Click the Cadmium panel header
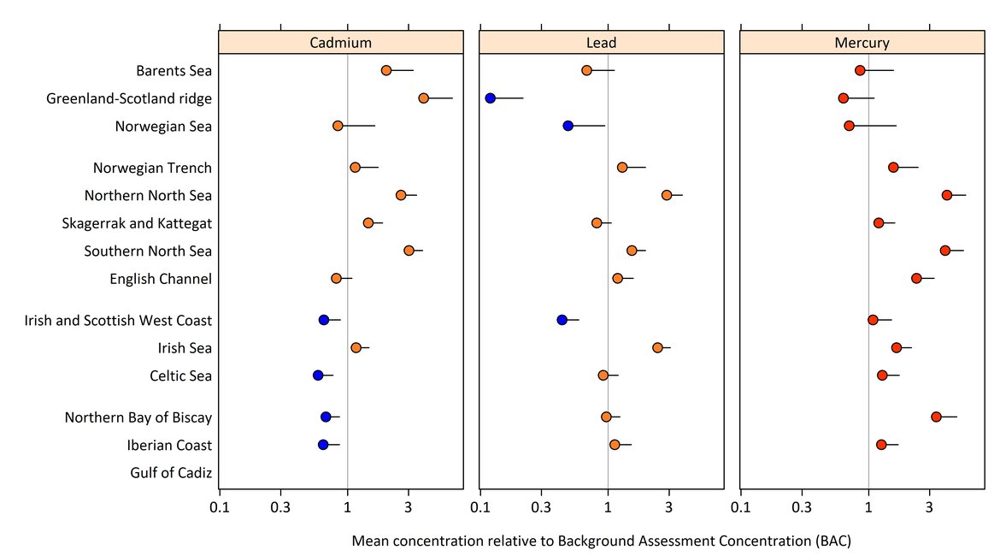(341, 43)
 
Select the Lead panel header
(601, 43)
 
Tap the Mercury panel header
(862, 43)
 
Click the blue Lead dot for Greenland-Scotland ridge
(490, 98)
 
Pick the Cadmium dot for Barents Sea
(386, 70)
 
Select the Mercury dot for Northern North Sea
(947, 195)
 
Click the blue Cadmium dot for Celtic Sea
(318, 376)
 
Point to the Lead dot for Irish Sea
(657, 347)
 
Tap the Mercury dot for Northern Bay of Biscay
(936, 417)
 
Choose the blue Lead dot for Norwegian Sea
(568, 126)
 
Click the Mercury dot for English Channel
(916, 278)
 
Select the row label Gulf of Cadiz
(171, 473)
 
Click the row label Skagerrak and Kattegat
(137, 223)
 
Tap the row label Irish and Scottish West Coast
(118, 321)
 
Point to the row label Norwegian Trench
(152, 168)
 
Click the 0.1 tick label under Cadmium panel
(220, 507)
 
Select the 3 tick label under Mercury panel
(929, 507)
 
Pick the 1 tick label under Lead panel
(608, 507)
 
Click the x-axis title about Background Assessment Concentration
(601, 541)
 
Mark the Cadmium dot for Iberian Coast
(323, 445)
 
